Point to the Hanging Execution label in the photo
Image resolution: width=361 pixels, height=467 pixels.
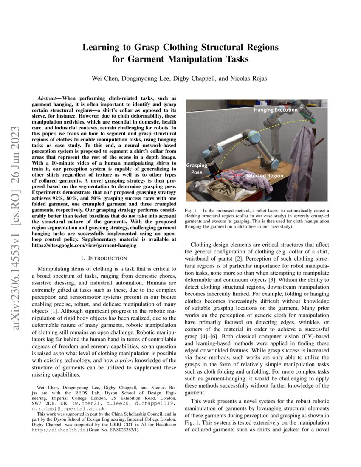[276, 110]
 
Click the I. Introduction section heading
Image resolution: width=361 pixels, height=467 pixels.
[104, 258]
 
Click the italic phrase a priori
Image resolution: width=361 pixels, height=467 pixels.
[123, 360]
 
